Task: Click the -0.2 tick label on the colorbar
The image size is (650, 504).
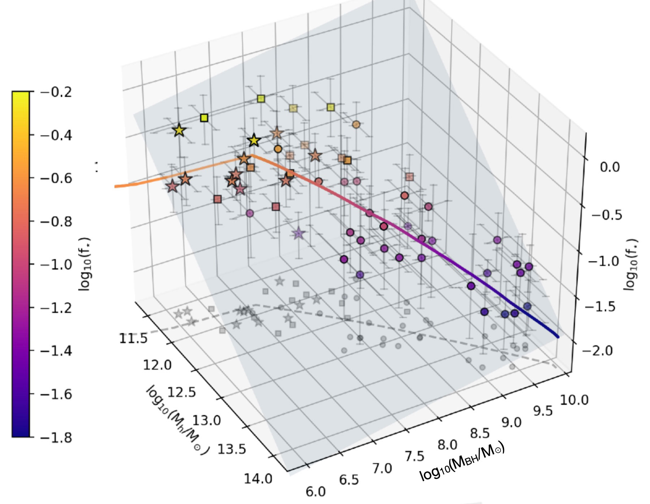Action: pos(56,92)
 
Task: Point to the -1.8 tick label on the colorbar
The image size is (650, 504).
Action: pos(56,438)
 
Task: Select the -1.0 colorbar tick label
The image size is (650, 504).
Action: pos(56,265)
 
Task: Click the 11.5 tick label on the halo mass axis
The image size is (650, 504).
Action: pos(133,339)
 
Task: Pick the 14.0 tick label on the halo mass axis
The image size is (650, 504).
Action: pos(258,479)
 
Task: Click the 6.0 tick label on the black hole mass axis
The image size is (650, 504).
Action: pos(316,492)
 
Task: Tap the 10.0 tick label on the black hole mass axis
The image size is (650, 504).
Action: pos(574,400)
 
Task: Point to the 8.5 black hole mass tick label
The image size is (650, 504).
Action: pos(480,433)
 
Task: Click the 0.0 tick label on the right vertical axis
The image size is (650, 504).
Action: pos(610,167)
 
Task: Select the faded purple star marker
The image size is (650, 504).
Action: pos(298,234)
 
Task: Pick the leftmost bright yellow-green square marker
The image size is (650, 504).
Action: pos(204,118)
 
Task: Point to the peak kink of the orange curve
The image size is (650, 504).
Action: pos(252,155)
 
